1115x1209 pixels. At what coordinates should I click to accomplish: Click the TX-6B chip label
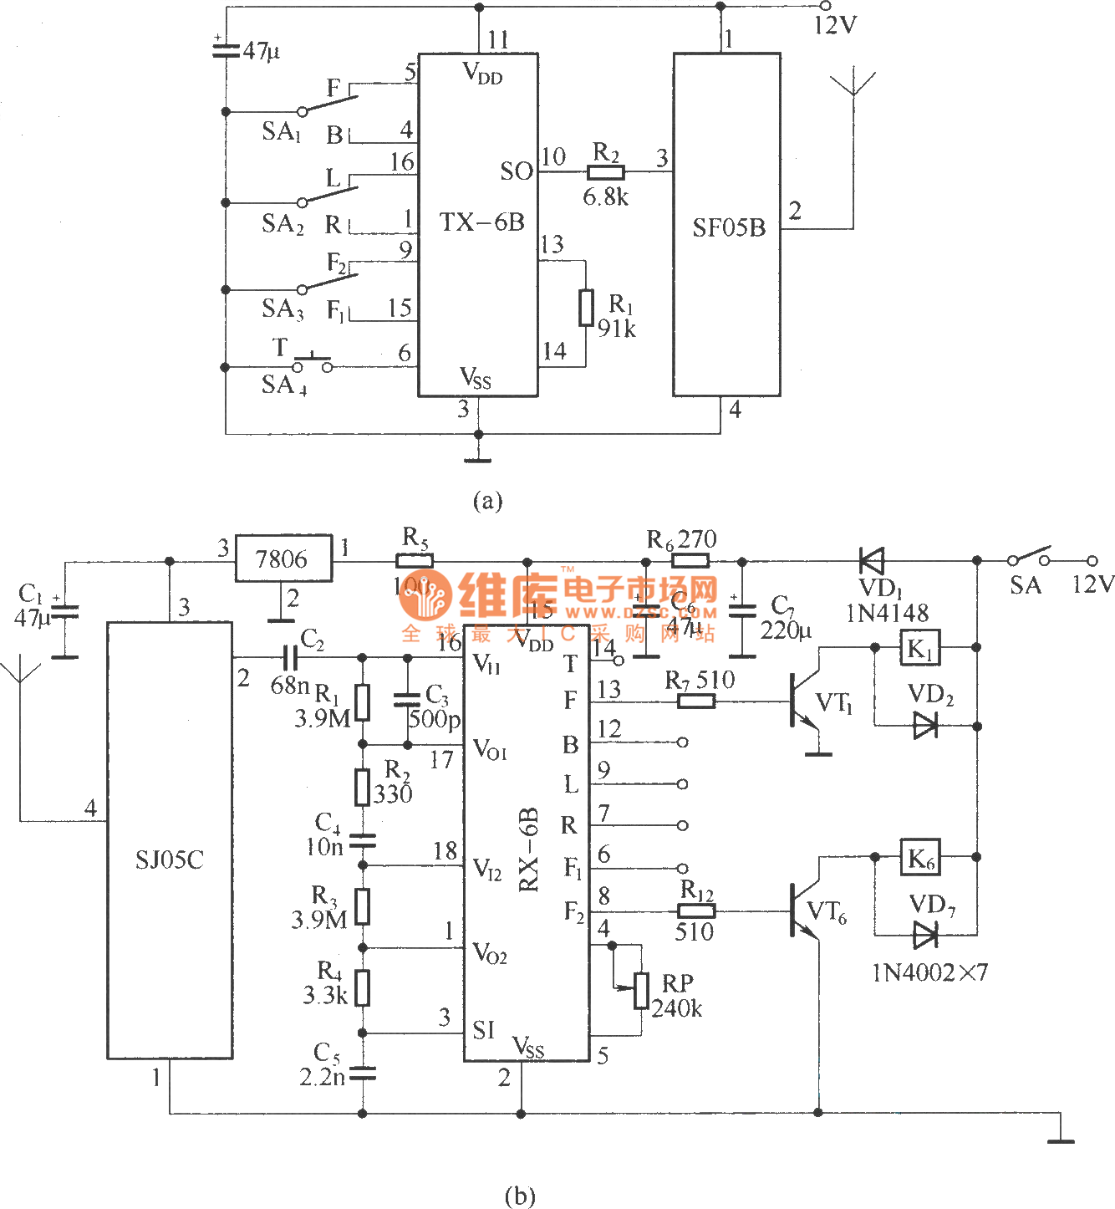(482, 222)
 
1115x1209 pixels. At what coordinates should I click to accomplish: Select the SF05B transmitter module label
(729, 227)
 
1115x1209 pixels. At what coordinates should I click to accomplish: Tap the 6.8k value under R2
(605, 197)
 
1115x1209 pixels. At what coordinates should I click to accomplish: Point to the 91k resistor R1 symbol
(587, 307)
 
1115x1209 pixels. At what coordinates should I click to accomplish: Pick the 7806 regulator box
(283, 559)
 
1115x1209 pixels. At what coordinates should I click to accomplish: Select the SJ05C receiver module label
(170, 860)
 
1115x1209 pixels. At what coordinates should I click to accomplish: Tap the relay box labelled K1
(920, 648)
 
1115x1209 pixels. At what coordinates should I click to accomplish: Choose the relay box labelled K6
(920, 858)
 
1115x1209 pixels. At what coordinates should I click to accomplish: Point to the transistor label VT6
(827, 912)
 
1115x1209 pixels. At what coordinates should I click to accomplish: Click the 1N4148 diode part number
(887, 614)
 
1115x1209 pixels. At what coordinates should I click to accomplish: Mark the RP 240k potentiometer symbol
(641, 991)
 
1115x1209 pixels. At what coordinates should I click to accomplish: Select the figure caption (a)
(487, 501)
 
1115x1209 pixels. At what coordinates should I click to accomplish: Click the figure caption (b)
(519, 1196)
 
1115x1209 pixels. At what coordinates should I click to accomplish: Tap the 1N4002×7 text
(929, 972)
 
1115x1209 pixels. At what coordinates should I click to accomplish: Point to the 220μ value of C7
(786, 630)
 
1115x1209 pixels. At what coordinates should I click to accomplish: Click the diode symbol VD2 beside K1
(924, 725)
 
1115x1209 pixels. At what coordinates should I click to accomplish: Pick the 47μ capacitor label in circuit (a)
(261, 51)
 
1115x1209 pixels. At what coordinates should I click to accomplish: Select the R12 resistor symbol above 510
(695, 911)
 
